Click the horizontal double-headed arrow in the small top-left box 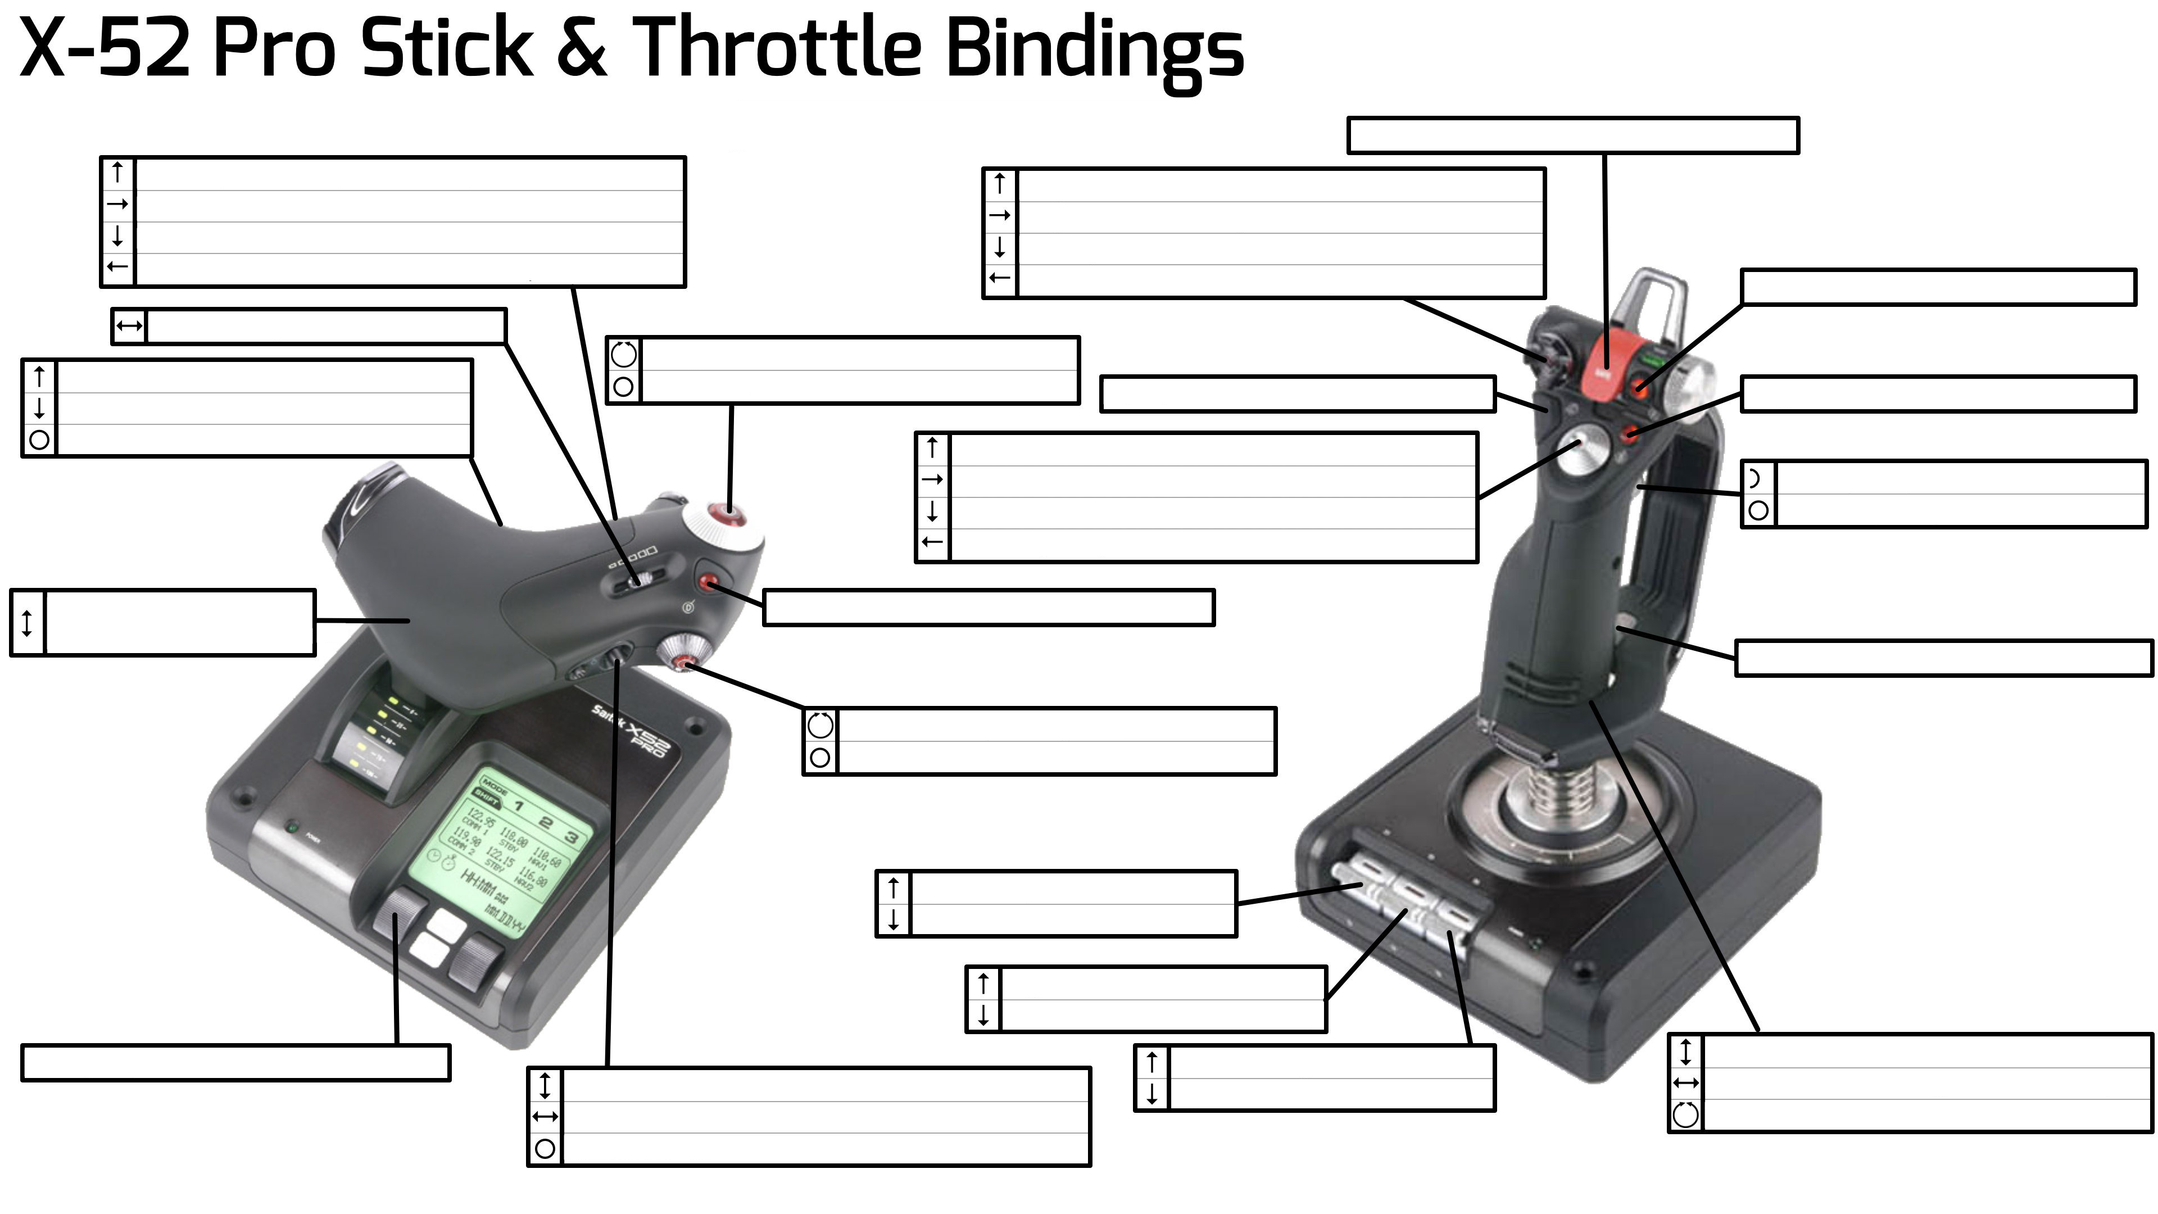coord(129,326)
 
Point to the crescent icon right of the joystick coord(1757,478)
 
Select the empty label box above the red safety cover coord(1572,135)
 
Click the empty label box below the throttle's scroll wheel coord(235,1062)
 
